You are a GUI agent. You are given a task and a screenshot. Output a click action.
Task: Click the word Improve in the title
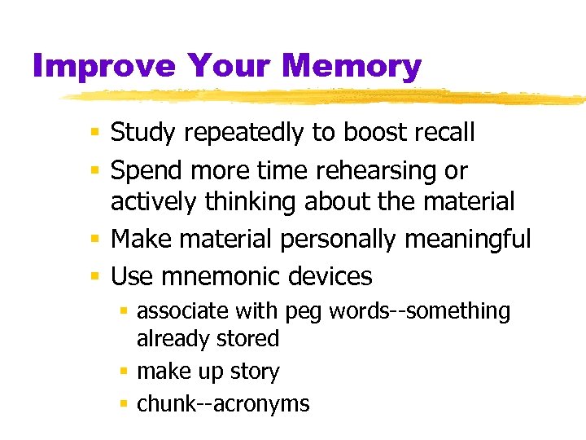[104, 65]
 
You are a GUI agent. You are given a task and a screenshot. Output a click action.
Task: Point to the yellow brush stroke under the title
[326, 97]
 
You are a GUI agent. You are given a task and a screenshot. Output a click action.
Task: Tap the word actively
[155, 200]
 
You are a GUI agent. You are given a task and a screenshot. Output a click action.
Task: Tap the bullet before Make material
[96, 240]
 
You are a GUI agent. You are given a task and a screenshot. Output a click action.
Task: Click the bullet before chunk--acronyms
[125, 403]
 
